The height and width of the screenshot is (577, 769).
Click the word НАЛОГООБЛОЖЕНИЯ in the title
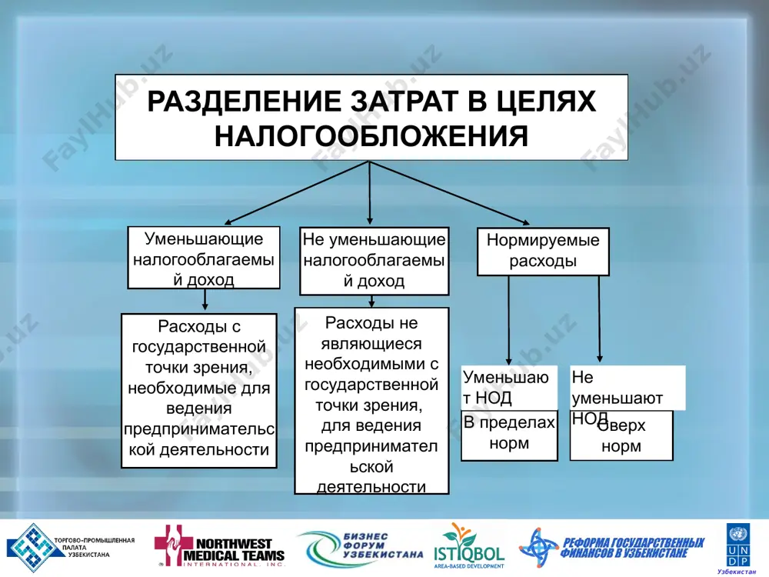pyautogui.click(x=371, y=136)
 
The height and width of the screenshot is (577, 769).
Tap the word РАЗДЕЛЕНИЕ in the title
pyautogui.click(x=245, y=101)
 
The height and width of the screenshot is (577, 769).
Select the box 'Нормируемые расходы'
pyautogui.click(x=543, y=252)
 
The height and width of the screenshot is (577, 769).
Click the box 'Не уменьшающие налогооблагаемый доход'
pyautogui.click(x=375, y=261)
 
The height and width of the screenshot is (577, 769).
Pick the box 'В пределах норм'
pyautogui.click(x=509, y=435)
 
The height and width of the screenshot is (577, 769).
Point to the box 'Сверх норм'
pyautogui.click(x=621, y=435)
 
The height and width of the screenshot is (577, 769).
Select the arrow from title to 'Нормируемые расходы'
pyautogui.click(x=449, y=193)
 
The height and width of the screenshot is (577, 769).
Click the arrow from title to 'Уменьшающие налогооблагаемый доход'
pyautogui.click(x=297, y=193)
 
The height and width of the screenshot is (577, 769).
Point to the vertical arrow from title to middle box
pyautogui.click(x=369, y=193)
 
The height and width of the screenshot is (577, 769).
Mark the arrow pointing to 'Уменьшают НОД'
pyautogui.click(x=508, y=320)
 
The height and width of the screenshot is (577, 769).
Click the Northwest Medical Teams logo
pyautogui.click(x=219, y=546)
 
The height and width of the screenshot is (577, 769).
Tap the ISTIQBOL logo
pyautogui.click(x=469, y=545)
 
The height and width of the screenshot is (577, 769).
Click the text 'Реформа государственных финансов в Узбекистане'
pyautogui.click(x=633, y=548)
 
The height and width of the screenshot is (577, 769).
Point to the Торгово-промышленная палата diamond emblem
pyautogui.click(x=33, y=547)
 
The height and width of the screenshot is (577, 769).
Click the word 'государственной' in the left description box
pyautogui.click(x=199, y=347)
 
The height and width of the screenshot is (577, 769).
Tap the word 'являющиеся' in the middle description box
pyautogui.click(x=371, y=343)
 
